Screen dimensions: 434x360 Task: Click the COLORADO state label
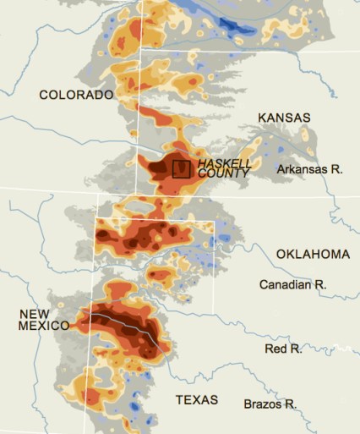[76, 96]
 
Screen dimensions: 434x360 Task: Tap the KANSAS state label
[284, 118]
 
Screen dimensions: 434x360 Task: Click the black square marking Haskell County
[181, 168]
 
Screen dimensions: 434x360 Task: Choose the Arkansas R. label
[309, 170]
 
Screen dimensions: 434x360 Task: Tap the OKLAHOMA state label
[313, 255]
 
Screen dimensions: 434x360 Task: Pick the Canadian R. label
[292, 285]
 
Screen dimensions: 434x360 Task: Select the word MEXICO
[44, 327]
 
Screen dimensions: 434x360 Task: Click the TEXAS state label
[196, 399]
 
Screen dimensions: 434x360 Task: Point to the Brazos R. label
[270, 404]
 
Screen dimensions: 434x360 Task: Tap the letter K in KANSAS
[262, 118]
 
